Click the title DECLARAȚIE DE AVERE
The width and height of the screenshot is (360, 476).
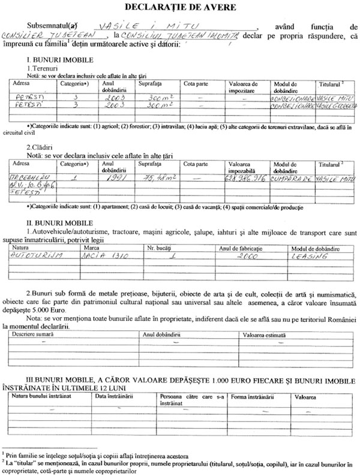180,8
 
